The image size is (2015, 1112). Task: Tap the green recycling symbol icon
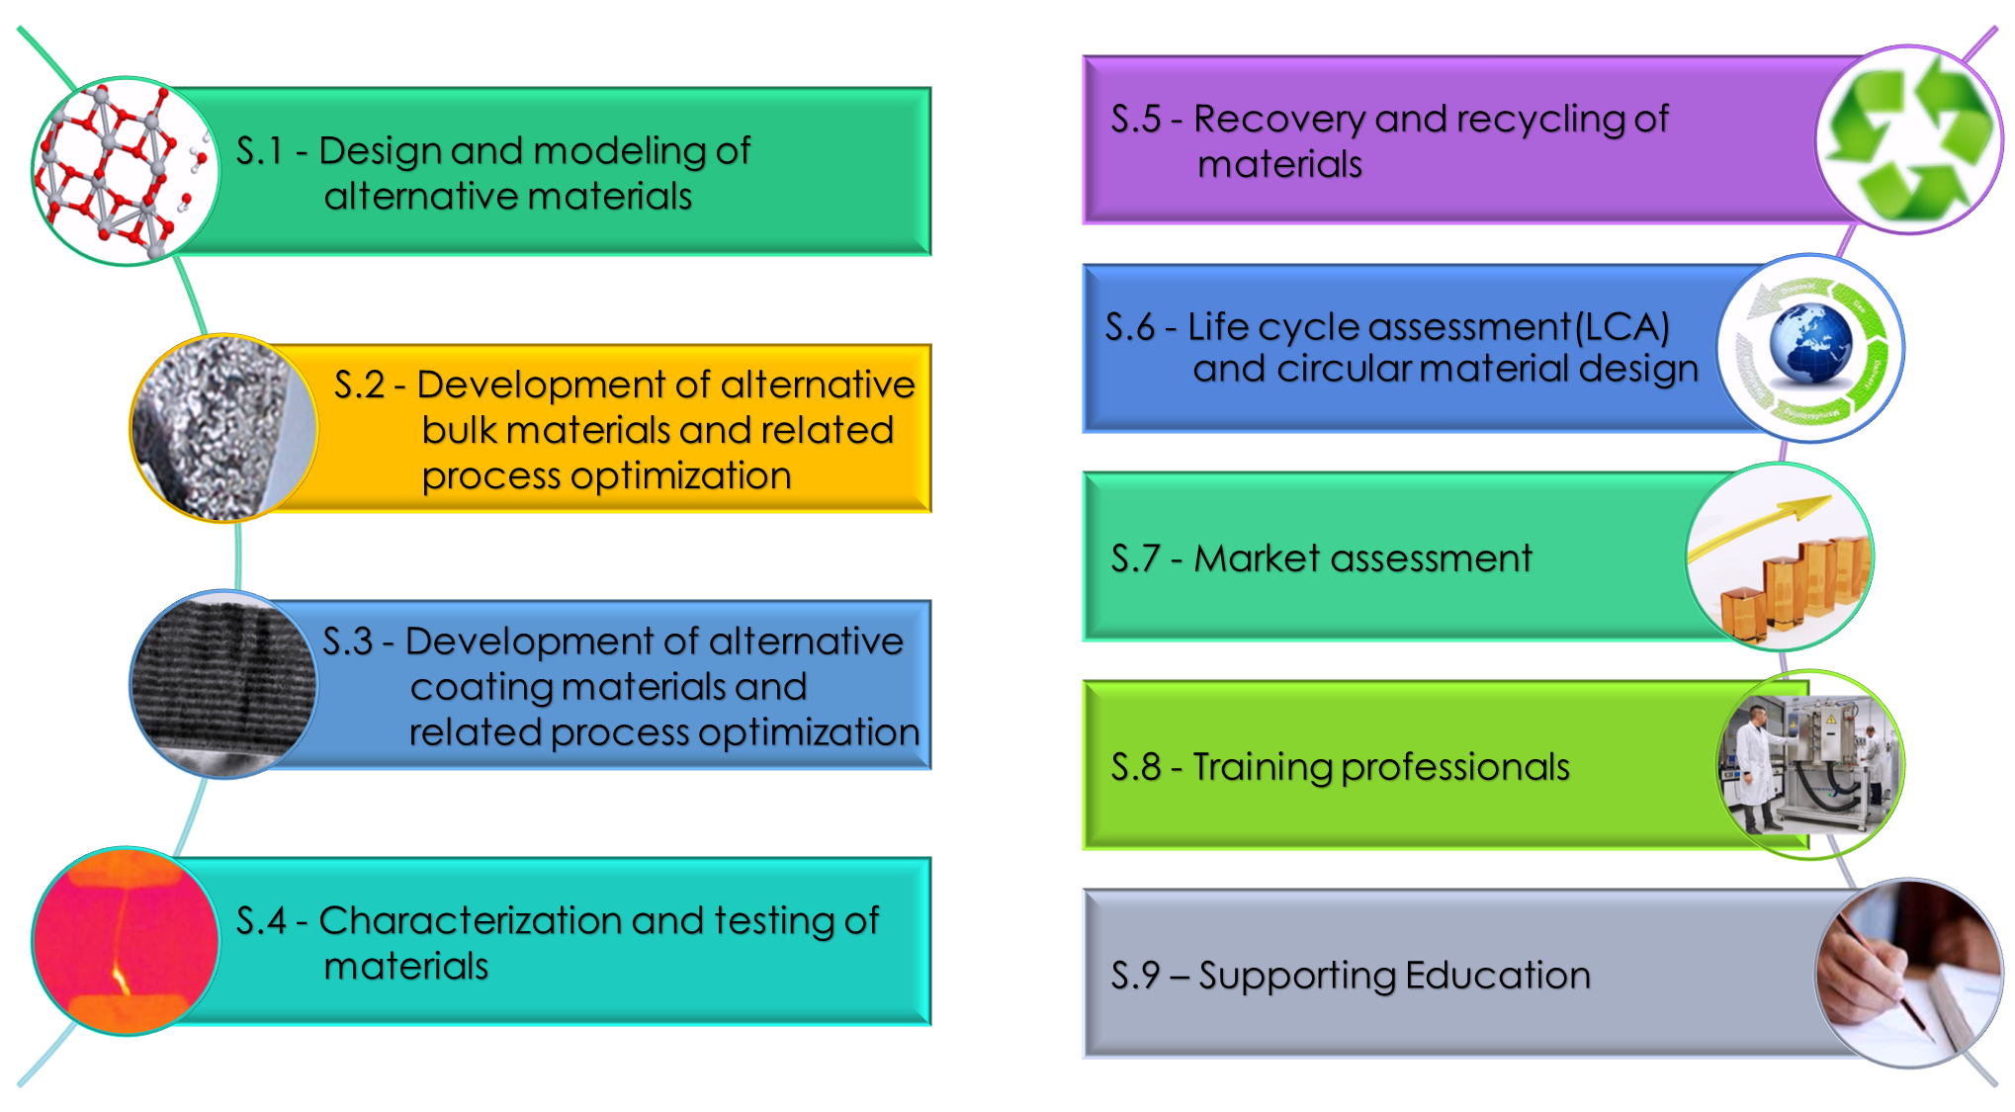(x=1908, y=138)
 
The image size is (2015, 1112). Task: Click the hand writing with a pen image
(x=1908, y=974)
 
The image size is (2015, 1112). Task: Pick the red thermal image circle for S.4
(x=125, y=940)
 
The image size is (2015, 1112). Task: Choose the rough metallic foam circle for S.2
(x=223, y=428)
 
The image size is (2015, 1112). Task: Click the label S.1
(x=259, y=151)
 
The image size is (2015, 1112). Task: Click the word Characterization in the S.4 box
(x=470, y=921)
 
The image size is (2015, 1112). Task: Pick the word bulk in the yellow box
(x=459, y=431)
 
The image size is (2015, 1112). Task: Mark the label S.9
(x=1135, y=977)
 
